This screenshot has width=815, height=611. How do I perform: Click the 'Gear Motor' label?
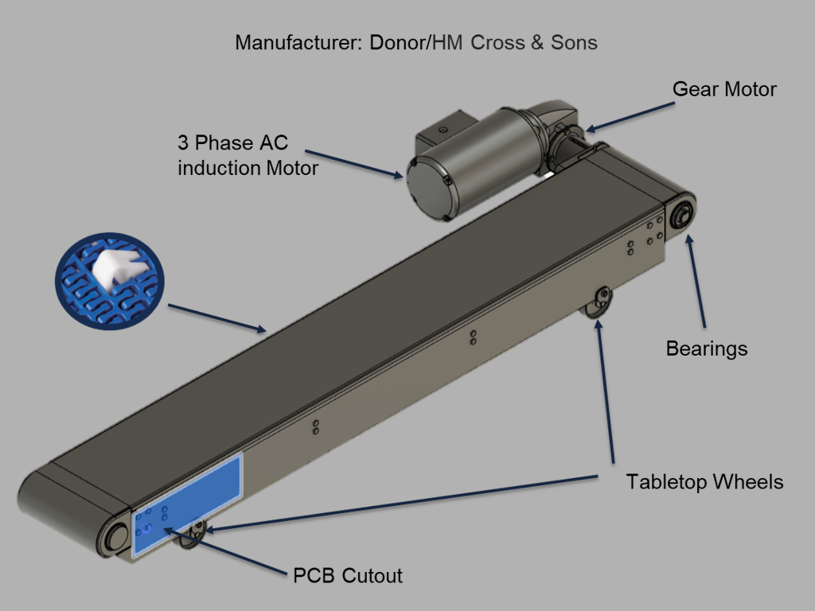(724, 88)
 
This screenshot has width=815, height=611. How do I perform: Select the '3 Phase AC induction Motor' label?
(248, 156)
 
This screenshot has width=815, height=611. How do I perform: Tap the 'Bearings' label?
(706, 348)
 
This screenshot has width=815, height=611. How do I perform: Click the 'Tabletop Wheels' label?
(704, 481)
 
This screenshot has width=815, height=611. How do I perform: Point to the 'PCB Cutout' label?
(348, 575)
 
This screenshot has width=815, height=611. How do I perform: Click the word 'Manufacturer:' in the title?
(299, 42)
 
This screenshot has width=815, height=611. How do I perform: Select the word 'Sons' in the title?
(574, 42)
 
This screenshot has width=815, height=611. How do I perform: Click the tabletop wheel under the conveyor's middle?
(599, 303)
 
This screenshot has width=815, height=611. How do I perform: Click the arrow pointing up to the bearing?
(696, 278)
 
